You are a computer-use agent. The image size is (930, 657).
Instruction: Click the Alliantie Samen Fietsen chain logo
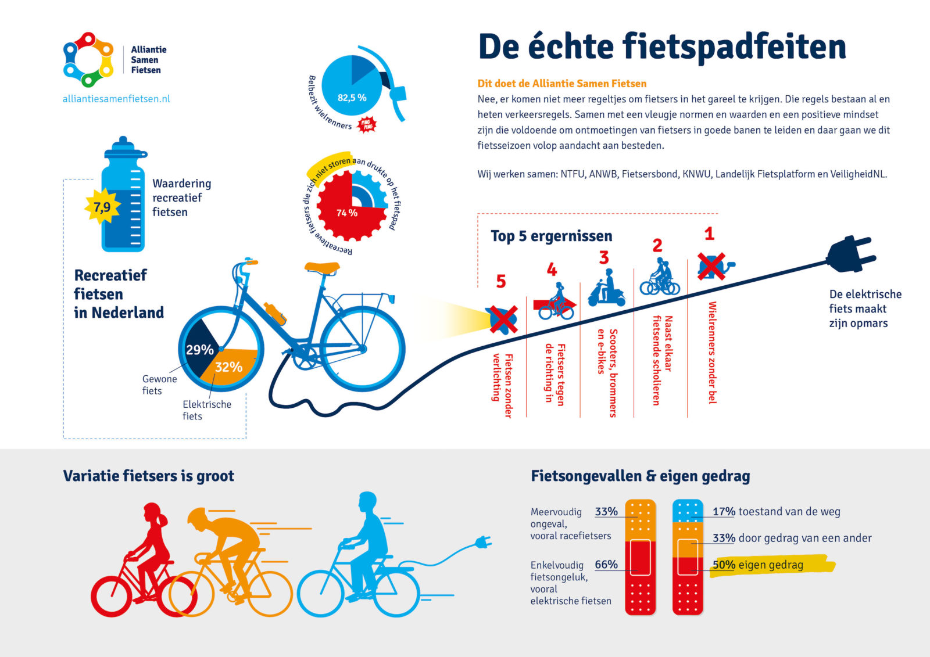coord(88,59)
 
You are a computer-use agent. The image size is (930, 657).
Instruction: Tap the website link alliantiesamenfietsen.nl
coord(116,99)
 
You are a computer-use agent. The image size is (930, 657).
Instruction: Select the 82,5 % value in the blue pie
coord(352,98)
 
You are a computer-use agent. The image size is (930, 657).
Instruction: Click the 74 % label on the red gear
coord(347,213)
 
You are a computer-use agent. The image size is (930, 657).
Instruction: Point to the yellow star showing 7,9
coord(102,207)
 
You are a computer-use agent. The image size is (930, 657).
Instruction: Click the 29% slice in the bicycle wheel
coord(199,349)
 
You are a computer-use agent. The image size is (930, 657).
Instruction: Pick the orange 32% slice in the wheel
coord(228,367)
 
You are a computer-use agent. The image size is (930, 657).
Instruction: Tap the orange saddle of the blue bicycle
coord(322,267)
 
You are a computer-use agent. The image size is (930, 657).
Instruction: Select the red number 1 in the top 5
coord(709,234)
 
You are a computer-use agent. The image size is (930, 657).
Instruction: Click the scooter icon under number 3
coord(606,289)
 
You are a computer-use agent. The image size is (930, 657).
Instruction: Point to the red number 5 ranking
coord(501,282)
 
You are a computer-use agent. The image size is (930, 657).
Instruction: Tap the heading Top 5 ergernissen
coord(551,236)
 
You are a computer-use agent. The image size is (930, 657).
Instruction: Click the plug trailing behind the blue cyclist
coord(482,543)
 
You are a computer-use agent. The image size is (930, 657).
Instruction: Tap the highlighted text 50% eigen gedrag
coord(758,565)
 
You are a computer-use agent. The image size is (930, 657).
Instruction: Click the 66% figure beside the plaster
coord(606,565)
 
